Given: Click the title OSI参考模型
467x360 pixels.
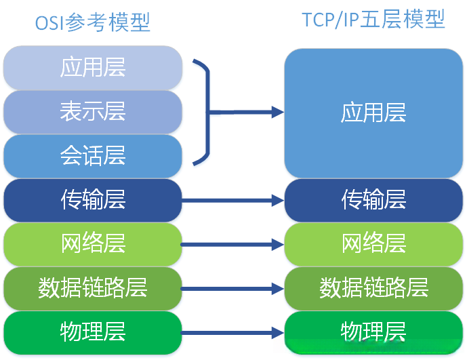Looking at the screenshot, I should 92,22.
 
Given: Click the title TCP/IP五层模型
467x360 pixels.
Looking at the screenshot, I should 373,20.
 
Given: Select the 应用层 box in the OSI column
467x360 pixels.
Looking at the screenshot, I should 93,67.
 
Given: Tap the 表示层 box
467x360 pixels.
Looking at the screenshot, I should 93,111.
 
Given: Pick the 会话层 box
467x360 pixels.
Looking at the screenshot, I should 93,156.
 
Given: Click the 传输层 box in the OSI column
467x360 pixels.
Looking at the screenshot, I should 93,200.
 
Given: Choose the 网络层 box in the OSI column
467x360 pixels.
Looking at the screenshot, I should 93,243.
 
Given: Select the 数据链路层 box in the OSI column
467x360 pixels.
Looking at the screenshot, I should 93,288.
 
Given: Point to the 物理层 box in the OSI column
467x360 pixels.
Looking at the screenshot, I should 93,332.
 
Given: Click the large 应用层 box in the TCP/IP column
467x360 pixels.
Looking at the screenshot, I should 373,113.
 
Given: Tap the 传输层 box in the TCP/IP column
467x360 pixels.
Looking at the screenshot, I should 373,200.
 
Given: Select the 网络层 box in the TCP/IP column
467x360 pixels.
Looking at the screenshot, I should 373,243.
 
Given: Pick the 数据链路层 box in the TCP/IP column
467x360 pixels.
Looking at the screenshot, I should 373,288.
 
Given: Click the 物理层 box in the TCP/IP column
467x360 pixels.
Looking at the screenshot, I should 373,332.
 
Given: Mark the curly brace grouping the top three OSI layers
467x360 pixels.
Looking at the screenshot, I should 203,112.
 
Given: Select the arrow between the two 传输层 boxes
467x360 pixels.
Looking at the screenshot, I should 232,201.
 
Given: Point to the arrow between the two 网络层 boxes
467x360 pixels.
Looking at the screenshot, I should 232,244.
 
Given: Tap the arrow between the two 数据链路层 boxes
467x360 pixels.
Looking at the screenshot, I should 232,289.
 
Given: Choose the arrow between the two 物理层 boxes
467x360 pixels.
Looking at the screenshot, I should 232,333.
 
